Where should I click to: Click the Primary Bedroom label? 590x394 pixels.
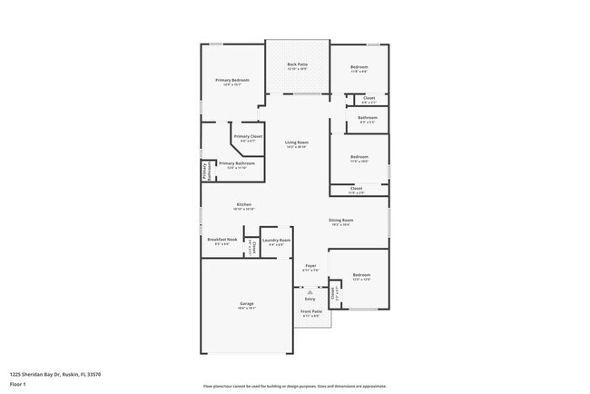pos(232,80)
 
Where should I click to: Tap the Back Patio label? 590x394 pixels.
pos(297,64)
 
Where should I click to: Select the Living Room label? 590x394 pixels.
pos(297,143)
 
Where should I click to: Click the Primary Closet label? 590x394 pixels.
pos(248,136)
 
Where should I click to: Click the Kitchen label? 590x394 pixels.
pos(244,231)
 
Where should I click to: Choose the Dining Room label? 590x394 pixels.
pos(341,221)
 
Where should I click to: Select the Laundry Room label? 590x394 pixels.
pos(276,241)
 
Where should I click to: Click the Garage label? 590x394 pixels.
pos(247,303)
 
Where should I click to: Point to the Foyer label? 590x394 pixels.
pos(310,266)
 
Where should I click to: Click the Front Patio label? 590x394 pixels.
pos(310,311)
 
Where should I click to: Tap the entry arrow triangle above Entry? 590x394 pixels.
pos(310,291)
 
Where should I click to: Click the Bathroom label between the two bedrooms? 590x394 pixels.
pos(368,117)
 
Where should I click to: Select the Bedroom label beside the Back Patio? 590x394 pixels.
pos(359,66)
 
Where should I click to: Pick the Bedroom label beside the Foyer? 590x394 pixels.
pos(362,274)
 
